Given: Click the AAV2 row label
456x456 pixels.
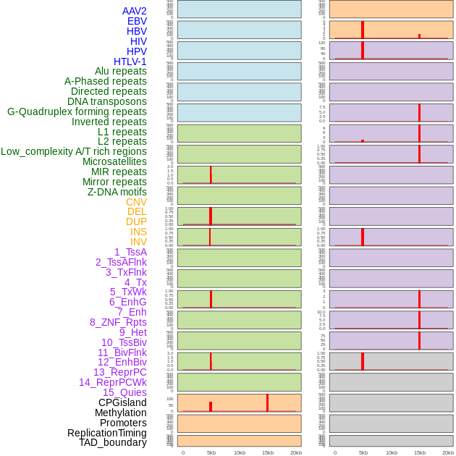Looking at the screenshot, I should [134, 11].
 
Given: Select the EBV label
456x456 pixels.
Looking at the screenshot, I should [137, 21].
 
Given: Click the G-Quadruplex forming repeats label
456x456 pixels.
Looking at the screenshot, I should [77, 111].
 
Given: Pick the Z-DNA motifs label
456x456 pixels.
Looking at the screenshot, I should [117, 192].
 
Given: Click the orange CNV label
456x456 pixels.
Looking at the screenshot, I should [136, 202].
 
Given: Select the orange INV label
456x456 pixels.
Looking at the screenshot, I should [138, 242].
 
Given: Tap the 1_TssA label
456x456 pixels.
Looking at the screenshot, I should [130, 252].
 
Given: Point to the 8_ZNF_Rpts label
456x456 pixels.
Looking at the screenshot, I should [118, 322].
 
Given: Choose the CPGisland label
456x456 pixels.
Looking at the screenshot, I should [122, 402].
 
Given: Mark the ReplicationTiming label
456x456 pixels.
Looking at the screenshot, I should [106, 433].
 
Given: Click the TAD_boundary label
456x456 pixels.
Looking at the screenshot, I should [112, 442].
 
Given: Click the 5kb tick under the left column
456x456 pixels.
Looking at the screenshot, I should [211, 452].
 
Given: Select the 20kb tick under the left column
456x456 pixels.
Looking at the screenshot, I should [296, 452].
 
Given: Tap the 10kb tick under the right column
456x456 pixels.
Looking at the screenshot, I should [392, 452].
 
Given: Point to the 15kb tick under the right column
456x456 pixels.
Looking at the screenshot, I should [420, 452].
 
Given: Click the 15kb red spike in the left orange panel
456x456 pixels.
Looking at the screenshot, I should [267, 403].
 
